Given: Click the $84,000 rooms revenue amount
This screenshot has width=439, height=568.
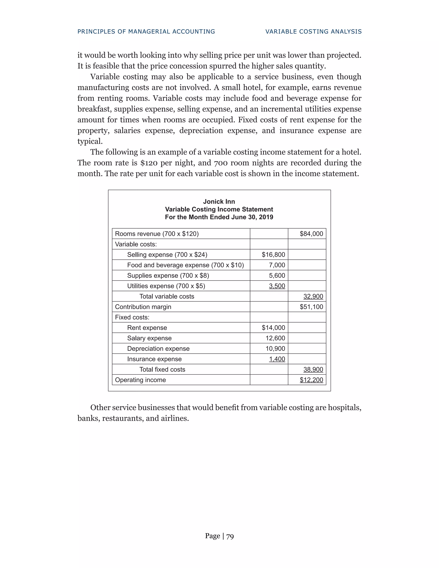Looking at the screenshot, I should coord(311,234).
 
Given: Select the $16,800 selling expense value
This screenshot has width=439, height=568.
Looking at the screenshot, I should coord(273,254).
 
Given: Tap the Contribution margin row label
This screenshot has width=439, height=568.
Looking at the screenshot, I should coord(143,307).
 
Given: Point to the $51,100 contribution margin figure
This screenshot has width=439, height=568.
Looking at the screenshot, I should coord(311,307).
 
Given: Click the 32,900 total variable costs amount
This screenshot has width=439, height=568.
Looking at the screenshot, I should coord(313,296).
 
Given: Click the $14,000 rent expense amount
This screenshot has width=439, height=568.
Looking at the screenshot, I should coord(273,328).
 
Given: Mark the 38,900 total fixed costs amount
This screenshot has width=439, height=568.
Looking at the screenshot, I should coord(313,369).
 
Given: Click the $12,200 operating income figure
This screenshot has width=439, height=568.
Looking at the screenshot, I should coord(311,380).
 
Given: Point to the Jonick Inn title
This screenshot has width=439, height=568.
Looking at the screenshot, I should coord(219,201).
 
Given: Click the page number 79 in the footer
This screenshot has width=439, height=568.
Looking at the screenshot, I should coord(230,536).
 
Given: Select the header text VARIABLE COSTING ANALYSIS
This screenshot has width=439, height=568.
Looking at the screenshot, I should coord(313,32).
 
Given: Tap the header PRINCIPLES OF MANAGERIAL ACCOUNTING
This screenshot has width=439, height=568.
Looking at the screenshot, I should coord(146,32).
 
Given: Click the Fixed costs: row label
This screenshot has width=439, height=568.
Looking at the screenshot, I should coord(132,317).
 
